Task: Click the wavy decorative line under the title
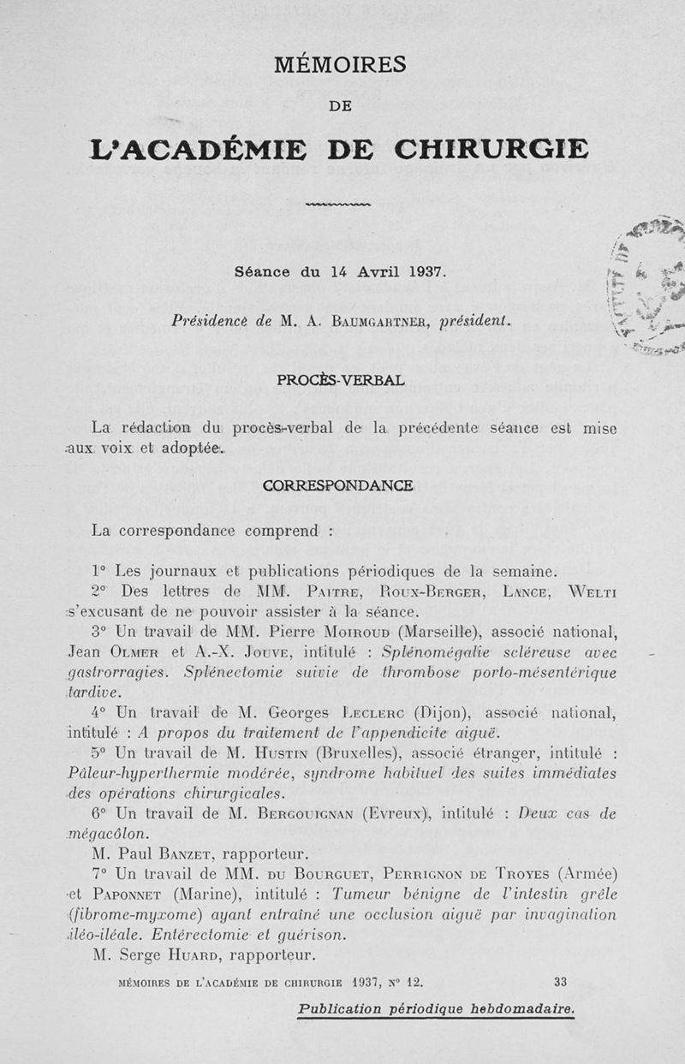(x=337, y=205)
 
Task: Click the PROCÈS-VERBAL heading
(x=340, y=377)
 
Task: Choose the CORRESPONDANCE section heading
(x=338, y=485)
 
